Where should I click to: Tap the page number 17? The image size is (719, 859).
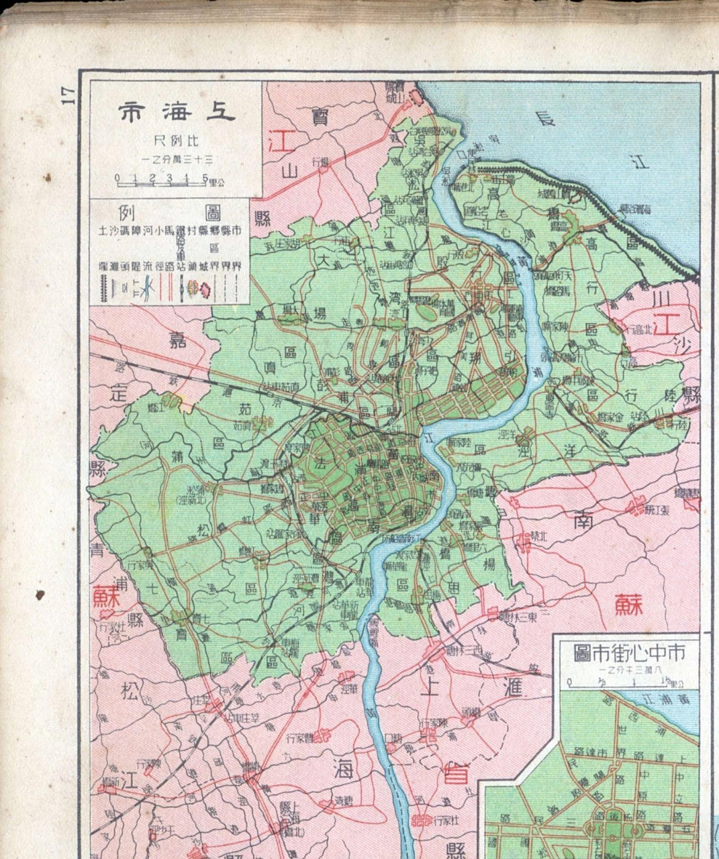(68, 95)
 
